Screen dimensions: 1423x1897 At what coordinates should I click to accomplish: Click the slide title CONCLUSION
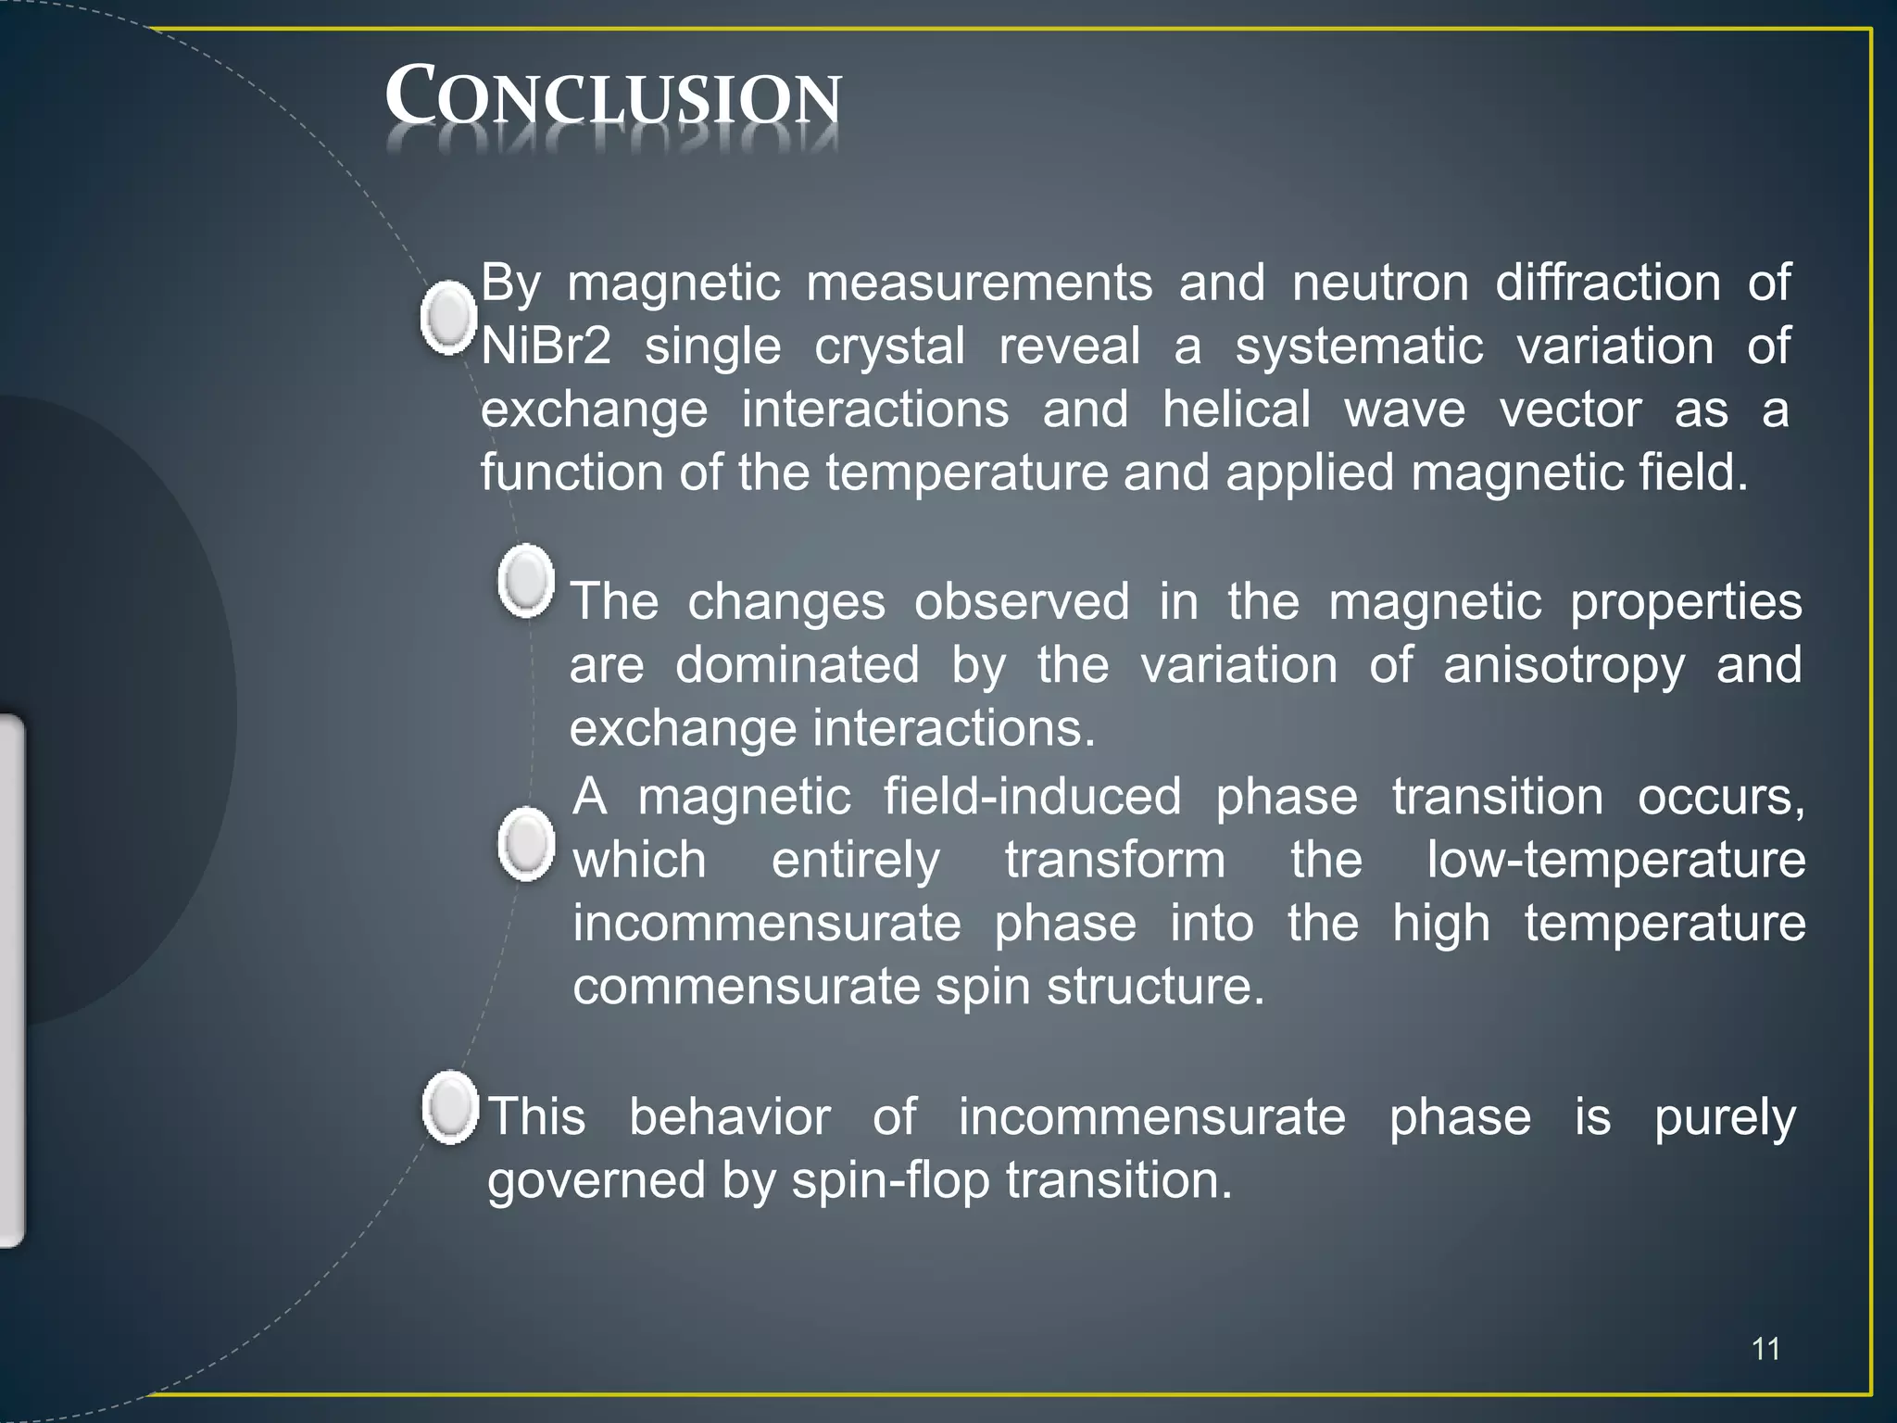(613, 96)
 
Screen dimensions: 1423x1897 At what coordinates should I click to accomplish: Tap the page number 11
(1765, 1349)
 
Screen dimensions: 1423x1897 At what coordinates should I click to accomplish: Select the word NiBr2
(546, 347)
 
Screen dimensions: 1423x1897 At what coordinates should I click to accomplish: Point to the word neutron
(1380, 283)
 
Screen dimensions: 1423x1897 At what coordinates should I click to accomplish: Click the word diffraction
(1608, 283)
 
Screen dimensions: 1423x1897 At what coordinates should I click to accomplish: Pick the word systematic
(1359, 347)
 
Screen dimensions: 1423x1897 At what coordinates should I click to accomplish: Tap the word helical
(1237, 409)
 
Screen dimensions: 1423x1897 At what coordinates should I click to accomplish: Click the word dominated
(797, 665)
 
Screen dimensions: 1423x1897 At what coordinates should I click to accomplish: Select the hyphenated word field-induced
(1032, 797)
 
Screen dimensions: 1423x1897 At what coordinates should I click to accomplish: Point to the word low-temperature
(1615, 860)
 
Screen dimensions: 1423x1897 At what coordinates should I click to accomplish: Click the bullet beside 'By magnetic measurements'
(449, 318)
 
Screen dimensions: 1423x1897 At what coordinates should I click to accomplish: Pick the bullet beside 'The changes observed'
(526, 581)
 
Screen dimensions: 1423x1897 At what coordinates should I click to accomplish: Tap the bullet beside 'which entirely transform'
(526, 844)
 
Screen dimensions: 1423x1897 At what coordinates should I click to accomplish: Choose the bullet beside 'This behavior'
(450, 1107)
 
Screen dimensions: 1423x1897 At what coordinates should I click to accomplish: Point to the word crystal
(889, 347)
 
